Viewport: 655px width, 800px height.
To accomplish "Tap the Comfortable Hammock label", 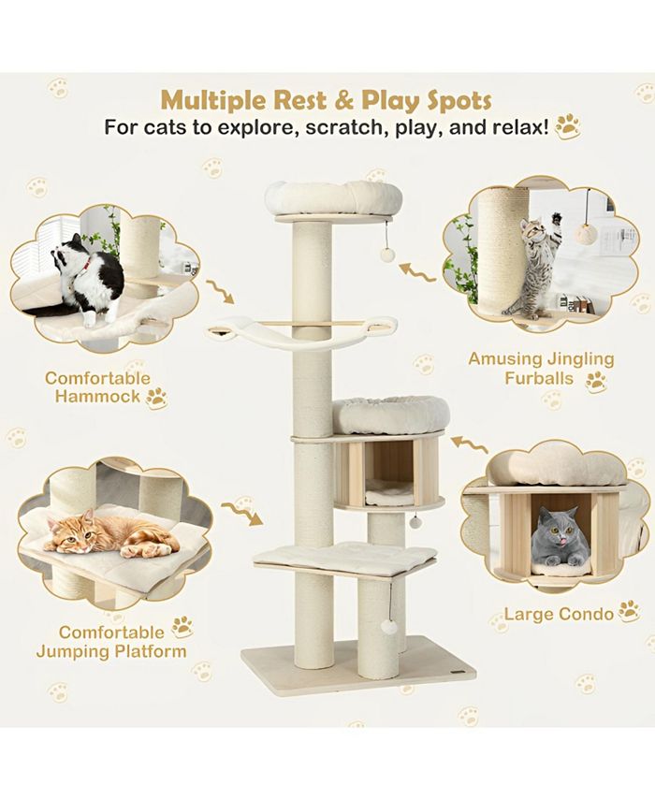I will pos(97,387).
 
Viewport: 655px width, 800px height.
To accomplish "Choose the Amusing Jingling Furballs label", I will pos(541,369).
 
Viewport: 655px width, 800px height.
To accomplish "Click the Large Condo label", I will pos(559,614).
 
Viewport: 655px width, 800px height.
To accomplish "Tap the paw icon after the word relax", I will pos(567,126).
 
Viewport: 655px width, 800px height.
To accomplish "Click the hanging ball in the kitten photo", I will pos(586,234).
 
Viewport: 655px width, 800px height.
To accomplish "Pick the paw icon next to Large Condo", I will pos(629,612).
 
